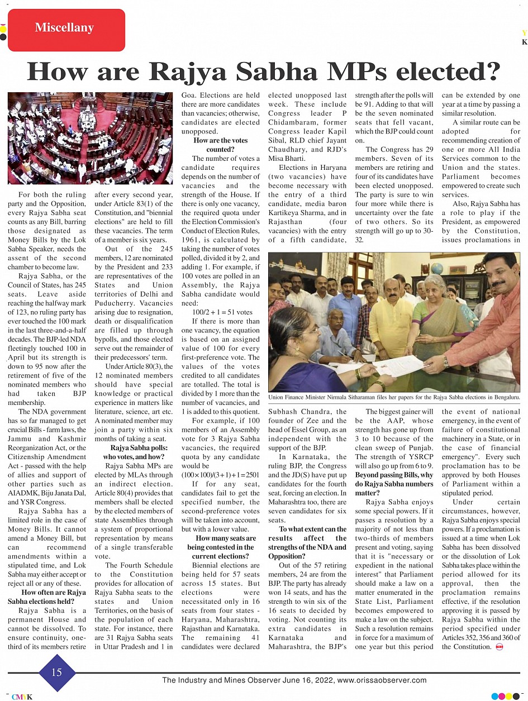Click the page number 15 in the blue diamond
tap(57, 673)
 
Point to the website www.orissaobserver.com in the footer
tap(381, 680)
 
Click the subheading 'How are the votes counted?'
tap(220, 145)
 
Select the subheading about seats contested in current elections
tap(220, 547)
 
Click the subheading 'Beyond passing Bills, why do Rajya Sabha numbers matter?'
tap(394, 479)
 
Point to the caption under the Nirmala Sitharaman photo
tap(394, 397)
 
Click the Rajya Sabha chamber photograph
tap(91, 138)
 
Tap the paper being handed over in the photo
tap(398, 366)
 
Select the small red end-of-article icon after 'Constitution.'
tap(500, 647)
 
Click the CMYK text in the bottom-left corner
tap(22, 697)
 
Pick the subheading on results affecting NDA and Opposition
tap(307, 542)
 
